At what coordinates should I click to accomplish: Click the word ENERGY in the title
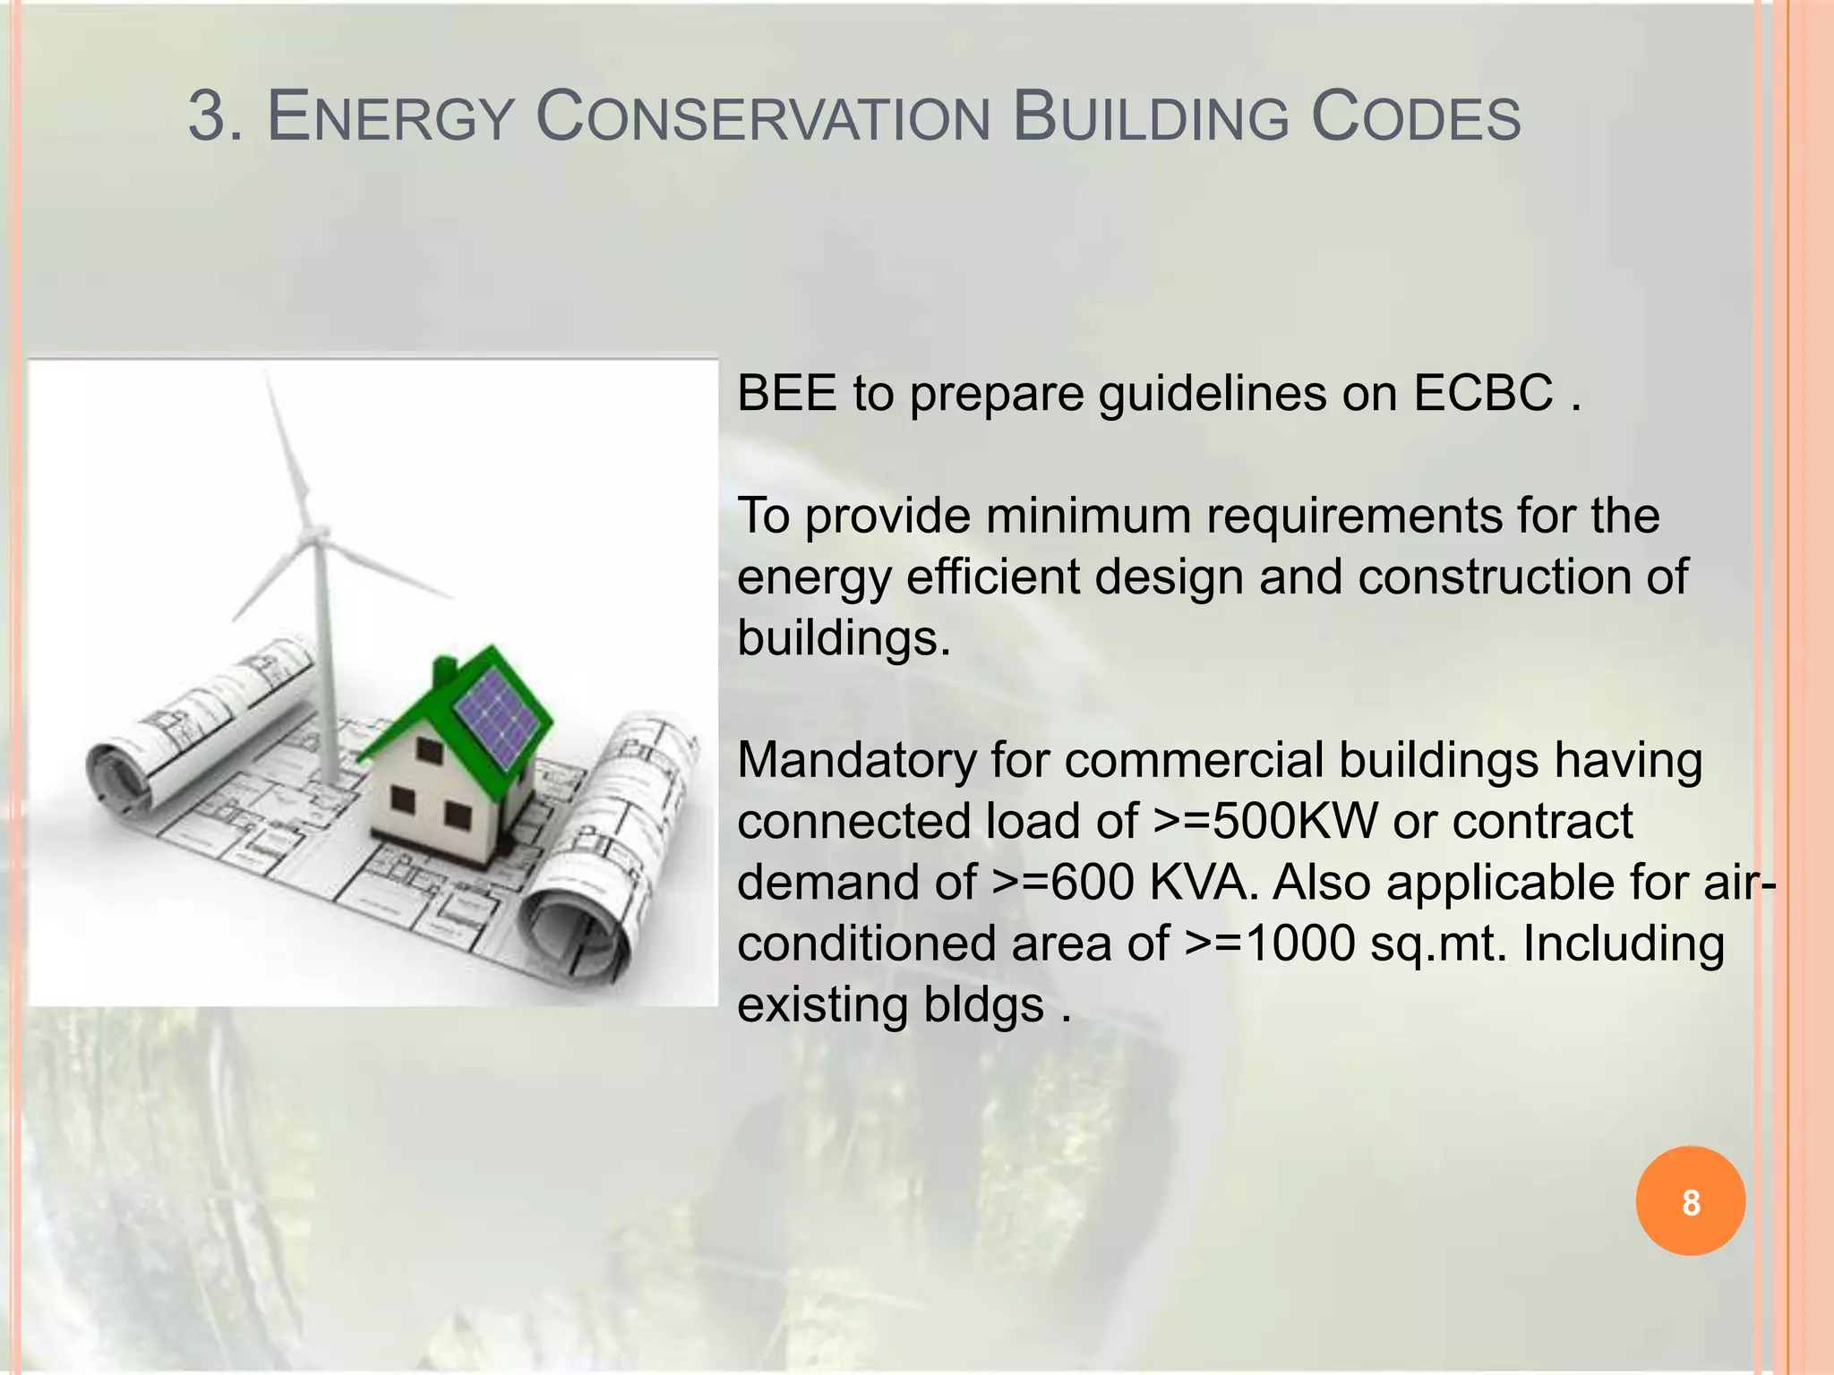click(x=390, y=118)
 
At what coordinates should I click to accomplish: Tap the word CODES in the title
click(x=1416, y=118)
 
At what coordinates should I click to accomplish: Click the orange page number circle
click(x=1690, y=1200)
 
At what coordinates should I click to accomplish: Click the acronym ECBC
click(x=1483, y=393)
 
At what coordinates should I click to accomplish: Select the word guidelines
click(x=1213, y=393)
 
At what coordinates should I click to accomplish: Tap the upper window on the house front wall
click(x=429, y=751)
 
